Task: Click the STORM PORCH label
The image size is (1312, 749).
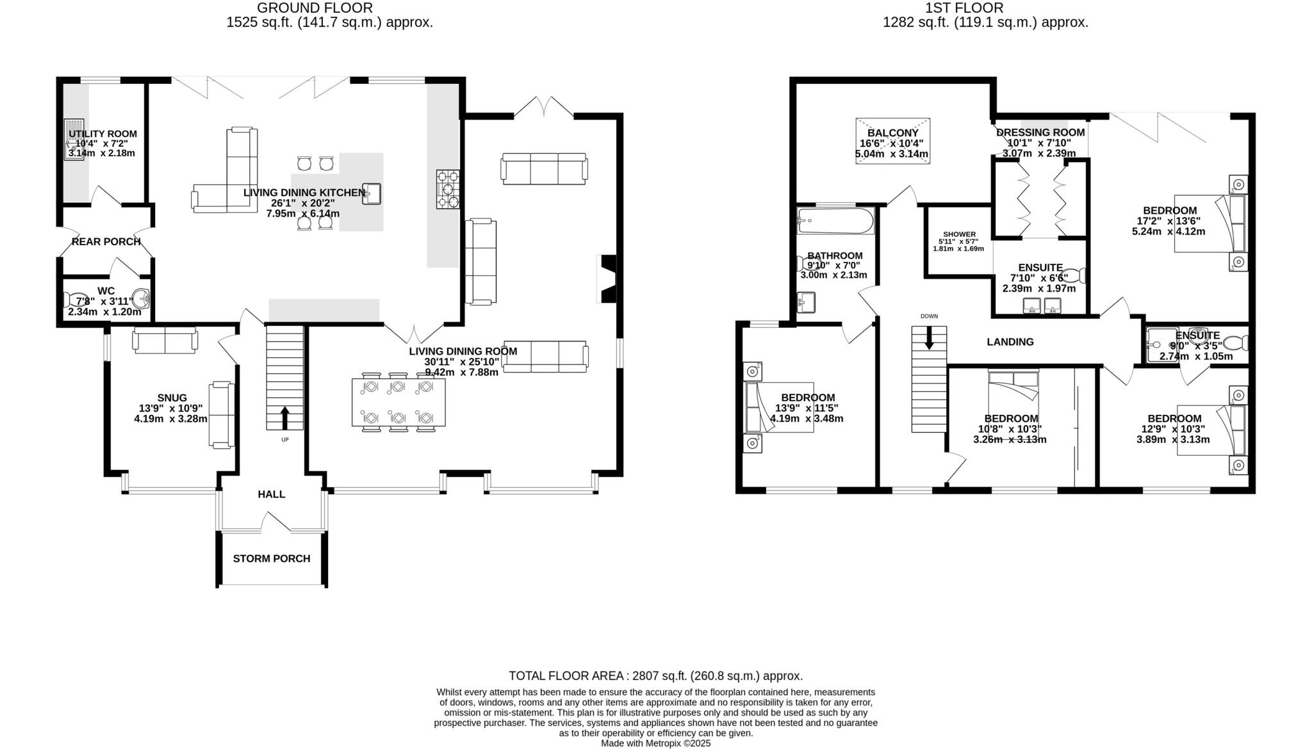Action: click(271, 559)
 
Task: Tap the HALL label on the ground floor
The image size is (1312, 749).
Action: click(271, 494)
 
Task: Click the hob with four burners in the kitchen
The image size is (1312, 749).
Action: click(448, 189)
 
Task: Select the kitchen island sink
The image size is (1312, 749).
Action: click(372, 194)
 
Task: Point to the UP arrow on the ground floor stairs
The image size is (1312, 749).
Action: click(284, 417)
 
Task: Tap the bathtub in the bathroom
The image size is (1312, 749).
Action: click(835, 221)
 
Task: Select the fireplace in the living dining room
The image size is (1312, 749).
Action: click(607, 278)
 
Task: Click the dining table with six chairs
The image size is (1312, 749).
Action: click(398, 403)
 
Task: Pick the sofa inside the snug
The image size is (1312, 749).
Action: click(221, 415)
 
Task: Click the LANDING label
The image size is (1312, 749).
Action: click(1010, 342)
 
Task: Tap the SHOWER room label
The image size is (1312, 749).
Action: click(959, 234)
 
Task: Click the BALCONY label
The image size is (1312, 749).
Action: click(892, 133)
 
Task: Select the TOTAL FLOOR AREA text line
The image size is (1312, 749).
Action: click(655, 676)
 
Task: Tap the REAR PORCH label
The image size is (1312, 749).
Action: click(106, 242)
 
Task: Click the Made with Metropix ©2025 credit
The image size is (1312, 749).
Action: click(655, 743)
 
